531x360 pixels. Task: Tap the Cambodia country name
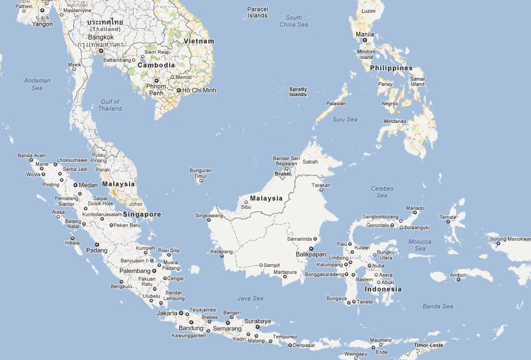click(156, 65)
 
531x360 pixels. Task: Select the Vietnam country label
click(199, 41)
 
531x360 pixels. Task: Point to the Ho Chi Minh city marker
click(178, 90)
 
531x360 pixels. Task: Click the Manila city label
click(365, 34)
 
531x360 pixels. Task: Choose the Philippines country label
click(391, 68)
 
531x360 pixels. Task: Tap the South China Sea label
click(293, 21)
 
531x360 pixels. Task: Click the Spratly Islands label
click(297, 91)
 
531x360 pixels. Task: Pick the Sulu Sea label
click(345, 119)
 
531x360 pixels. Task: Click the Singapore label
click(142, 214)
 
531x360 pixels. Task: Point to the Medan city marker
click(75, 185)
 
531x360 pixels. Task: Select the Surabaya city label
click(256, 321)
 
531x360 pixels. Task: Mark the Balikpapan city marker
click(311, 249)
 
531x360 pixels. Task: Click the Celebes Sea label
click(382, 191)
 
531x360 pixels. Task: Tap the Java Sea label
click(250, 298)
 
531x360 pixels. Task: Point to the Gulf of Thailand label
click(110, 105)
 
